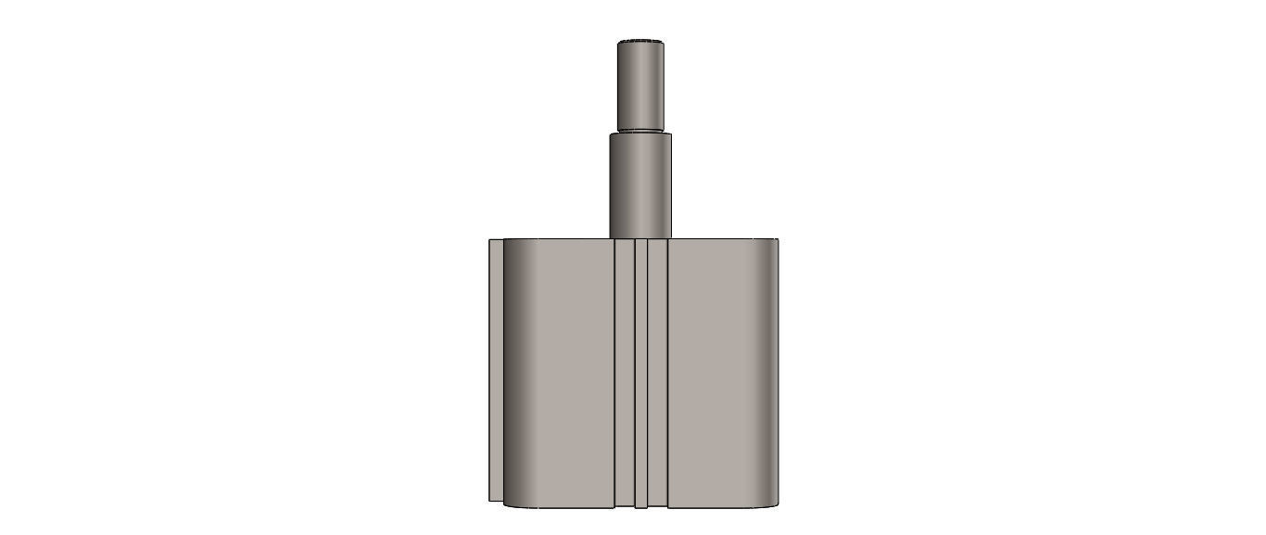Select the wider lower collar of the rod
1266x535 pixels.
pos(639,185)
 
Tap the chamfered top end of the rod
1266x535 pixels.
pos(641,42)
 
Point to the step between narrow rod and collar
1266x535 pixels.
pos(640,132)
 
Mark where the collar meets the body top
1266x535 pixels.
pos(639,238)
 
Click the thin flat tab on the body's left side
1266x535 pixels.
pos(496,371)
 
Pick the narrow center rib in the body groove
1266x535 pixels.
pos(640,371)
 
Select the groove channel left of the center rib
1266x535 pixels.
pos(625,371)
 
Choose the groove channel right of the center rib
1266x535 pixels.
pos(657,371)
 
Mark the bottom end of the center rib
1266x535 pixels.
pos(640,506)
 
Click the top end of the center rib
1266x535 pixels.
pos(640,241)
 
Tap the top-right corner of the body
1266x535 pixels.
pos(776,242)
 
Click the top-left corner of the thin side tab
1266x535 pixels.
pos(490,240)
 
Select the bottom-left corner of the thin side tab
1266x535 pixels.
pos(490,501)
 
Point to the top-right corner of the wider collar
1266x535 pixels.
pos(669,136)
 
